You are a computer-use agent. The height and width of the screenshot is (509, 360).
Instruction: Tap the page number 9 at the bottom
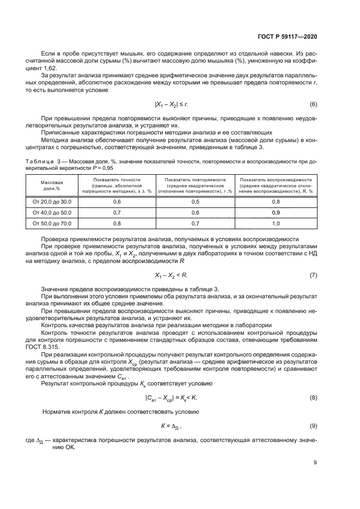pos(315,463)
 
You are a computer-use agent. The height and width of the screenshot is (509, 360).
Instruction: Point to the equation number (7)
pos(313,275)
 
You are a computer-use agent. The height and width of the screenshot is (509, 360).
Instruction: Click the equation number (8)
pos(313,398)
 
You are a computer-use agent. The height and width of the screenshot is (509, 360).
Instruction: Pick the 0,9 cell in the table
pos(276,212)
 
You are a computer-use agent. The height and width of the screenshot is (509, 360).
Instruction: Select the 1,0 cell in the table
pos(276,223)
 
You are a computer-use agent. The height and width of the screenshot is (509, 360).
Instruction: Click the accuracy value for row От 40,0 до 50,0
pos(117,212)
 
